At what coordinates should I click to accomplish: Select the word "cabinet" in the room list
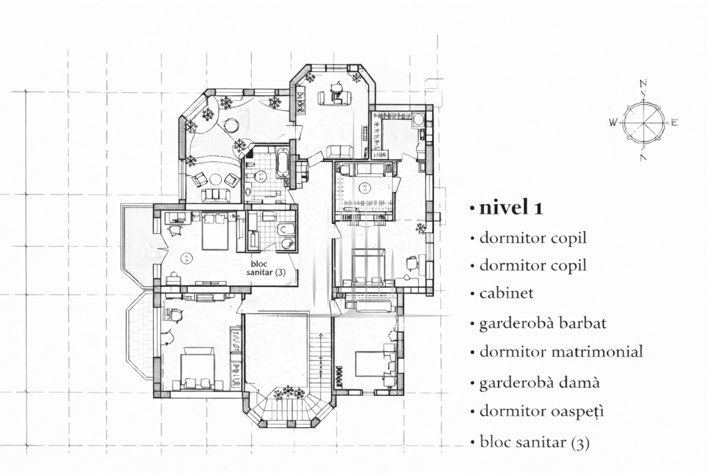[x=506, y=293]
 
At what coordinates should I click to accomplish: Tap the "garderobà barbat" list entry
[x=543, y=323]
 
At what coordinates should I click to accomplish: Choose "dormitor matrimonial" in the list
[x=561, y=351]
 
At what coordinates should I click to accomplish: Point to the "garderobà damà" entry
[x=539, y=382]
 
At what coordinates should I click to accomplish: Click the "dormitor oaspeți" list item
[x=542, y=412]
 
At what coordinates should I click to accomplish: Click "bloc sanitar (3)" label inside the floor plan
[x=266, y=268]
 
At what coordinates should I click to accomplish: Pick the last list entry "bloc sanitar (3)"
[x=535, y=442]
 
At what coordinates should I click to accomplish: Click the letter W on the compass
[x=613, y=122]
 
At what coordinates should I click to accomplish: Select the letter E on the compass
[x=674, y=122]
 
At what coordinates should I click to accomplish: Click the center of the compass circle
[x=643, y=122]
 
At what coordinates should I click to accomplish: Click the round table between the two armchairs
[x=215, y=180]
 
